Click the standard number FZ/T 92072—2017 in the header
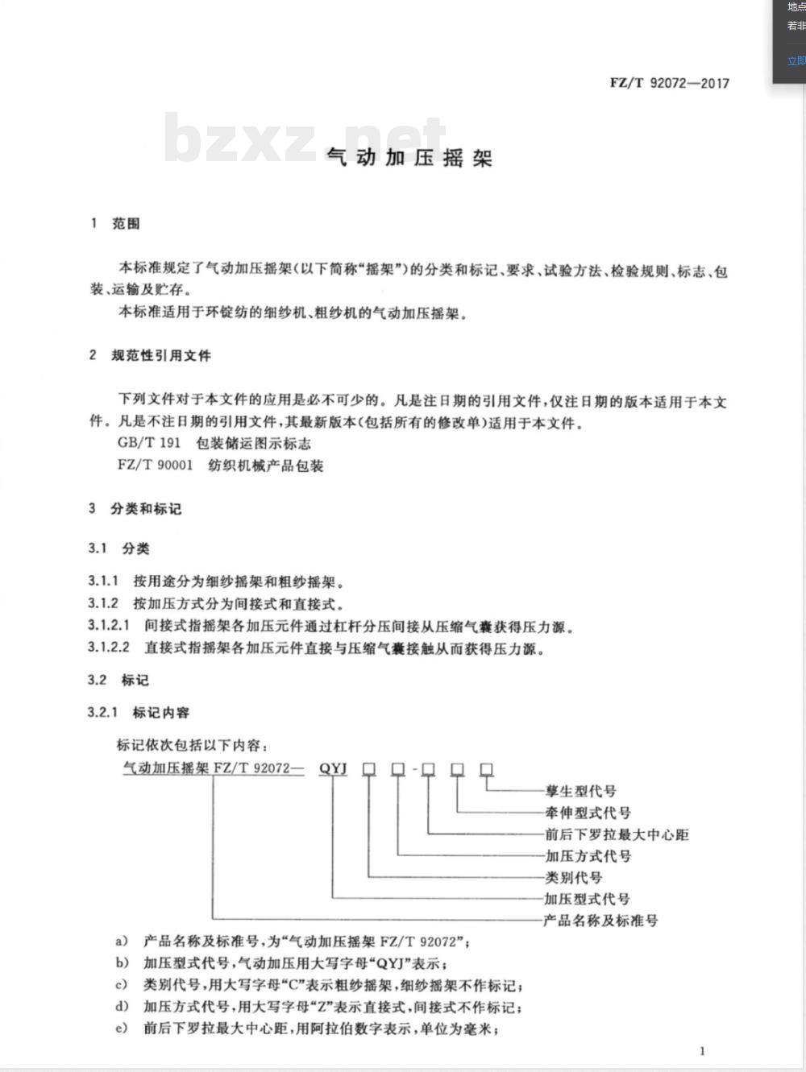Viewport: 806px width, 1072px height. (x=669, y=83)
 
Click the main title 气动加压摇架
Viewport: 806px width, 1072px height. (x=409, y=158)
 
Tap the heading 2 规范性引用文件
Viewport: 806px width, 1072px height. (x=150, y=355)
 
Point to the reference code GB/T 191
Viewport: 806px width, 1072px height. (x=149, y=443)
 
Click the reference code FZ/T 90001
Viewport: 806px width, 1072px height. (x=156, y=465)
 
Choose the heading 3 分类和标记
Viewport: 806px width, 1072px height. (x=135, y=508)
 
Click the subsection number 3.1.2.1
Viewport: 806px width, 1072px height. (x=109, y=626)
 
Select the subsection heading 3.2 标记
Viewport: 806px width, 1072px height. (x=118, y=680)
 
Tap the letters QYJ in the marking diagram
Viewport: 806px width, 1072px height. (x=332, y=768)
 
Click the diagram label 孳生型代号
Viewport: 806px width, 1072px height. (x=580, y=791)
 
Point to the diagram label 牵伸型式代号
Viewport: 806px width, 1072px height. (x=588, y=813)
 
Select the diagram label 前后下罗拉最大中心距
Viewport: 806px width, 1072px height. (x=617, y=834)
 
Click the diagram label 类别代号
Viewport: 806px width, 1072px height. (x=573, y=877)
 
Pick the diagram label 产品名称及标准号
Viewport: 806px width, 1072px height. (x=600, y=920)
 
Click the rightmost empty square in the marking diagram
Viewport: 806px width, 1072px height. (x=486, y=768)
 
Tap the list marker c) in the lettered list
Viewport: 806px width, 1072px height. (x=122, y=985)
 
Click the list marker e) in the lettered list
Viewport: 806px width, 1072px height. (x=122, y=1029)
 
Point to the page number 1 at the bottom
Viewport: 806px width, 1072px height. (x=702, y=1050)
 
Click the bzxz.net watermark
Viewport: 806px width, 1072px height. (x=305, y=139)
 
